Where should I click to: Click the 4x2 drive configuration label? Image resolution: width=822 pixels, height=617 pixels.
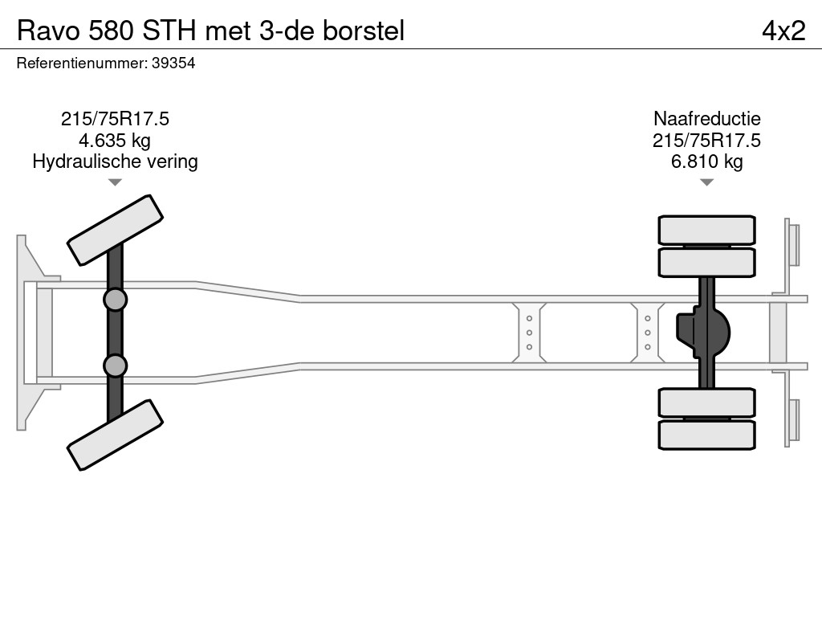pyautogui.click(x=783, y=31)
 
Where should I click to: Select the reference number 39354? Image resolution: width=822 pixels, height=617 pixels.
pyautogui.click(x=173, y=63)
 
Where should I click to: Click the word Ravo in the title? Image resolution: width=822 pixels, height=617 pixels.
pyautogui.click(x=48, y=31)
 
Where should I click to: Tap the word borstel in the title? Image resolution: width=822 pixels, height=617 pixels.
pyautogui.click(x=364, y=31)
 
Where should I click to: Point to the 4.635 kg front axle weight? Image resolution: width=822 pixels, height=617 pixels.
pyautogui.click(x=115, y=141)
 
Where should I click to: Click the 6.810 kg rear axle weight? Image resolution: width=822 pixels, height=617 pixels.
pyautogui.click(x=706, y=161)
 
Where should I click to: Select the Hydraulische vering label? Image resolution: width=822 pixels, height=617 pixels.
pyautogui.click(x=115, y=161)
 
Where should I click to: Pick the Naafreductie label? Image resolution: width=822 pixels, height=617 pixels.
pyautogui.click(x=706, y=119)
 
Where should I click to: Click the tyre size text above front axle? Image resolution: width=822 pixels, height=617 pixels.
pyautogui.click(x=115, y=119)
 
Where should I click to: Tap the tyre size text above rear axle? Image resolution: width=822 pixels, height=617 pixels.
pyautogui.click(x=706, y=141)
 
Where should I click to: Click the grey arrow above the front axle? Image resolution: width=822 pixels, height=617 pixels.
pyautogui.click(x=115, y=182)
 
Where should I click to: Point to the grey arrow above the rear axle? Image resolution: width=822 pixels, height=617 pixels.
pyautogui.click(x=706, y=182)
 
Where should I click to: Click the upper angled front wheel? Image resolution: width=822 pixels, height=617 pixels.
pyautogui.click(x=116, y=231)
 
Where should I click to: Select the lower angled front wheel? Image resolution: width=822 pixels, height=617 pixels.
pyautogui.click(x=116, y=435)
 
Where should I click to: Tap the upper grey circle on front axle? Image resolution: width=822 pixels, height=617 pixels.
pyautogui.click(x=116, y=300)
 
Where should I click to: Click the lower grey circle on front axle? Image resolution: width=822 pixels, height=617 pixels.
pyautogui.click(x=116, y=366)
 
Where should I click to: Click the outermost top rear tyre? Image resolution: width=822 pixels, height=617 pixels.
pyautogui.click(x=706, y=230)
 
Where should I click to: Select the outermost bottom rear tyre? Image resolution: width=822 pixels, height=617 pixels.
pyautogui.click(x=706, y=435)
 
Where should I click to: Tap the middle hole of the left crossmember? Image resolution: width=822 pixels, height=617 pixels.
pyautogui.click(x=530, y=333)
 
